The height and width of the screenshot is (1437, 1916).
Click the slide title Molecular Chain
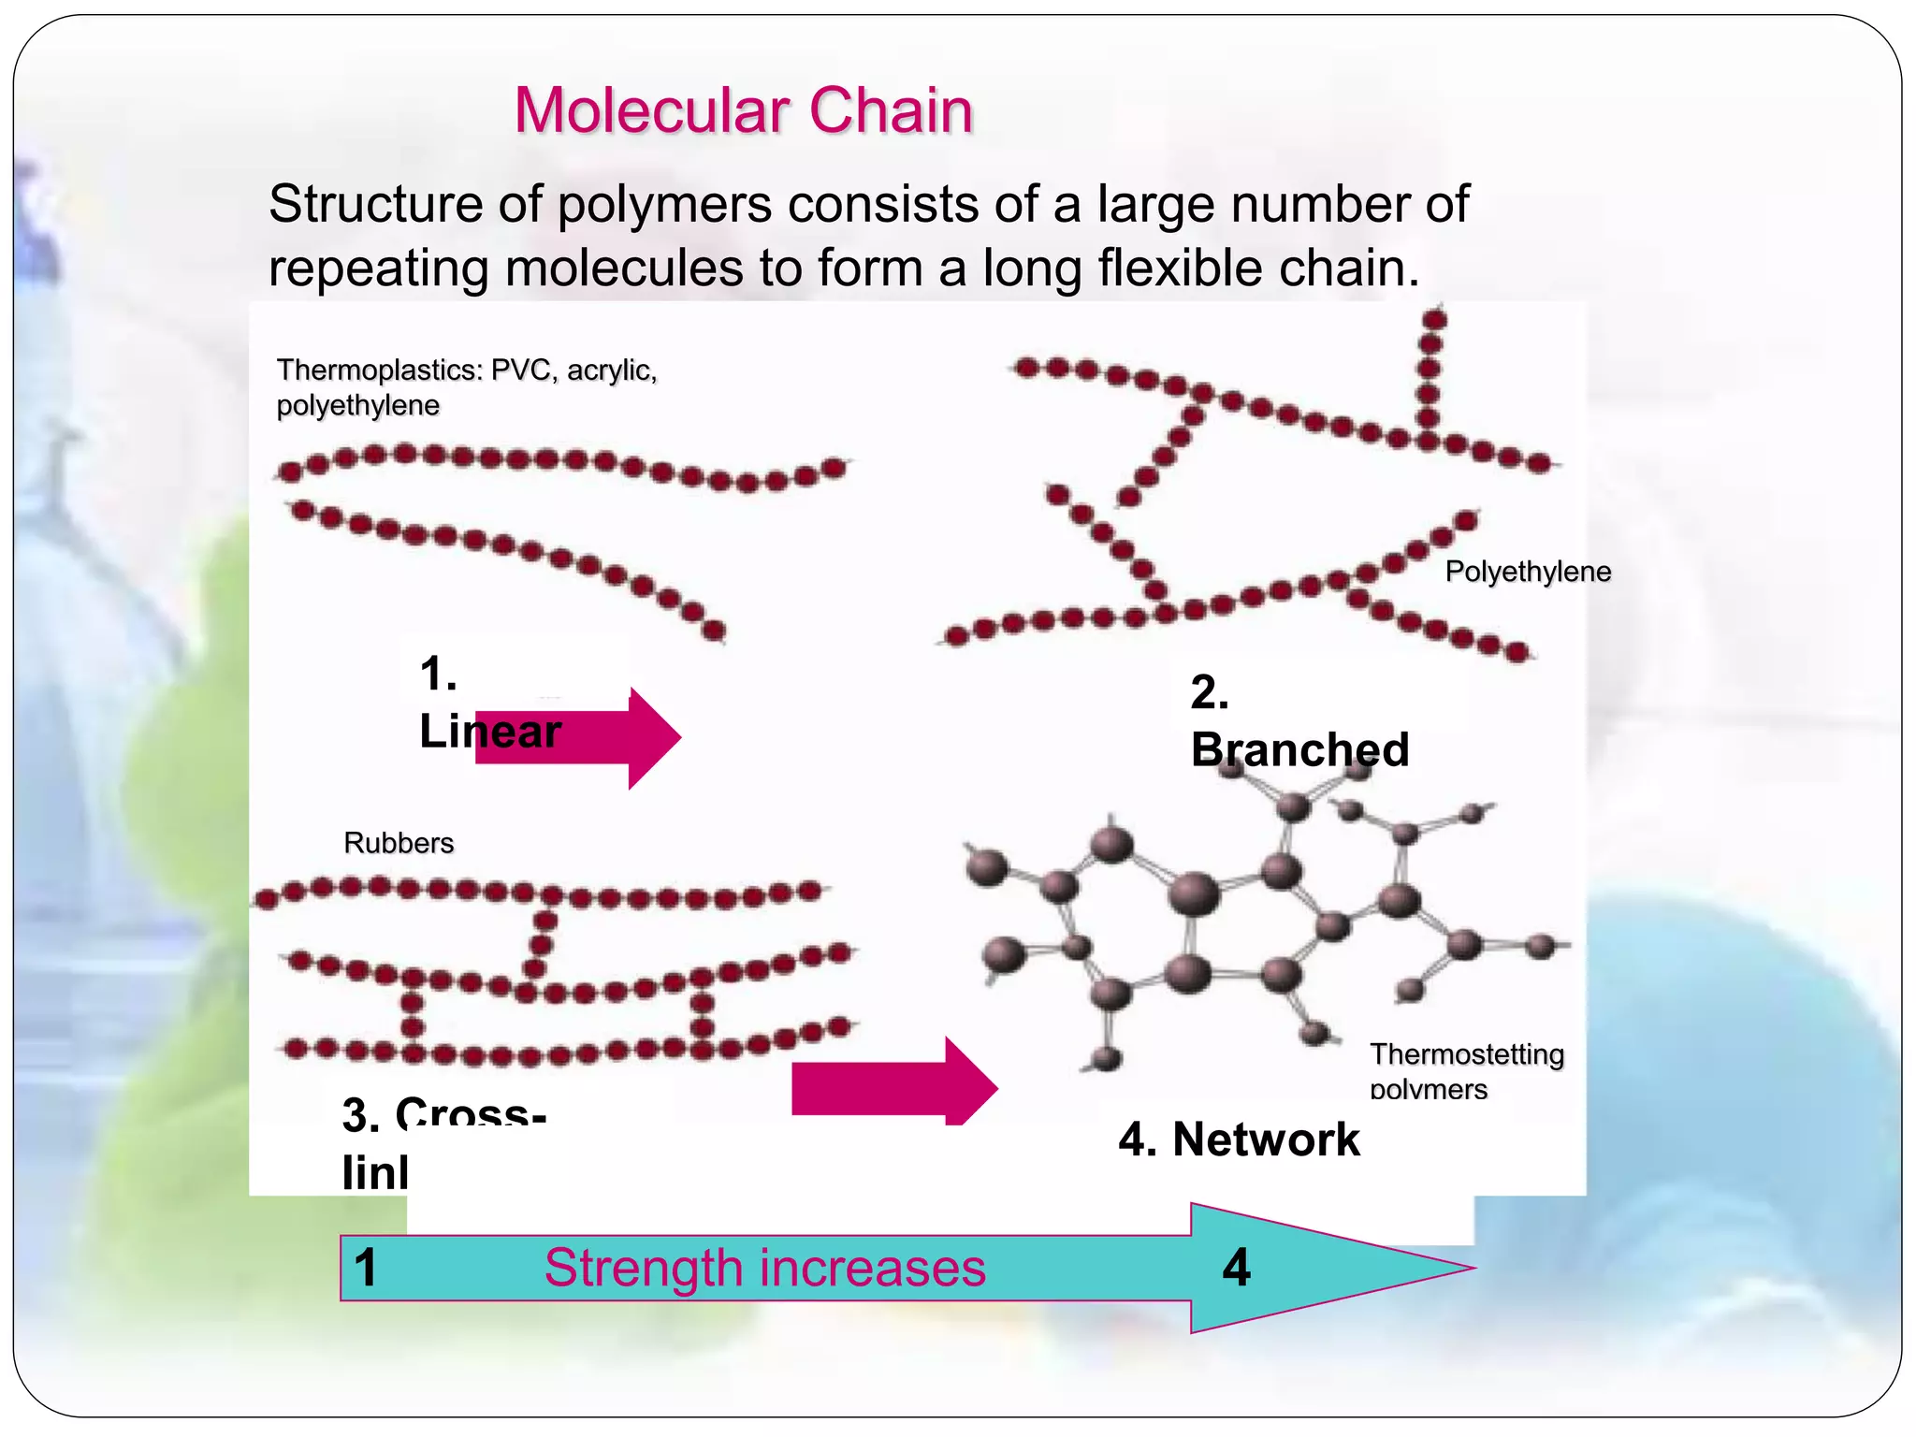coord(743,110)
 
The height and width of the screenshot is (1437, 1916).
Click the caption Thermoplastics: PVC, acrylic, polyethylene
coord(466,387)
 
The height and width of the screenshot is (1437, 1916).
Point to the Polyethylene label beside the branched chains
coord(1527,572)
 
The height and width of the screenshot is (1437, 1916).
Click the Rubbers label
coord(399,843)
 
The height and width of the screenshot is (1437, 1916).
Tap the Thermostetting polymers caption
coord(1465,1069)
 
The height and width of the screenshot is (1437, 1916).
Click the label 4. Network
coord(1239,1139)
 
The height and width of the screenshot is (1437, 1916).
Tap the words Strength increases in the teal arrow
coord(764,1269)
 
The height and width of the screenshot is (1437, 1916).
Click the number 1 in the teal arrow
coord(366,1269)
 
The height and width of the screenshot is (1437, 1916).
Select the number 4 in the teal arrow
coord(1236,1269)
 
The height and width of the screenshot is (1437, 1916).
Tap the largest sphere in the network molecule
coord(1195,893)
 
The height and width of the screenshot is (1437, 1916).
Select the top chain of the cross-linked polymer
coord(543,893)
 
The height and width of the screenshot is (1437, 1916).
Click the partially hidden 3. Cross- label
coord(443,1115)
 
